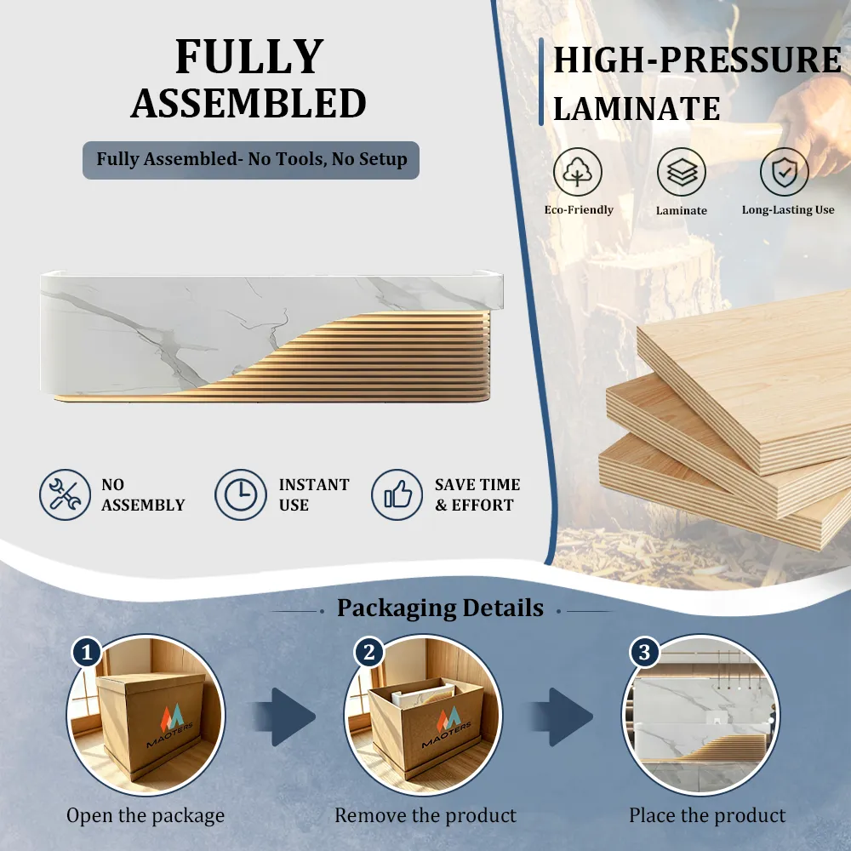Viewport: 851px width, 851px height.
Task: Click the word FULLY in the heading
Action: click(x=249, y=56)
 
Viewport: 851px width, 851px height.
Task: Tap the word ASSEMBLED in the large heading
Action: click(x=248, y=103)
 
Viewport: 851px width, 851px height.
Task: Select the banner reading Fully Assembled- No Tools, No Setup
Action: click(x=251, y=160)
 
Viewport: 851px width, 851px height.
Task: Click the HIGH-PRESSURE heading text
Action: click(x=698, y=60)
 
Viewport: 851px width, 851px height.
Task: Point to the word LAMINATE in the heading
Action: click(x=637, y=109)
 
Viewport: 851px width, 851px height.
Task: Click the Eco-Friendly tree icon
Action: click(x=578, y=172)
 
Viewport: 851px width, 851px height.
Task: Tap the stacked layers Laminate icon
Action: click(x=681, y=172)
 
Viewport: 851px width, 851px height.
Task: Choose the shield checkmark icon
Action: click(x=785, y=172)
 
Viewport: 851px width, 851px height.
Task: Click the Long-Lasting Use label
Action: click(x=788, y=210)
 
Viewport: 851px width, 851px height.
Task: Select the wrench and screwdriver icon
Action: click(x=66, y=495)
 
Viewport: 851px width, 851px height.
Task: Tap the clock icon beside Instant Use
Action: click(x=241, y=495)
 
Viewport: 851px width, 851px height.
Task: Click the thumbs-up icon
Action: click(x=397, y=495)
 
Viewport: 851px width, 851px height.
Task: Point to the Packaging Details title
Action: click(x=440, y=608)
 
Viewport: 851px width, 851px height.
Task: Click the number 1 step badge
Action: click(x=88, y=652)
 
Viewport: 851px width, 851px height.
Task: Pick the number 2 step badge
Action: click(x=369, y=652)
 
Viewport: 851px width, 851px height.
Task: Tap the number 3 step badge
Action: click(x=644, y=652)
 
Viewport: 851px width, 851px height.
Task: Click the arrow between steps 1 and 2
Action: click(x=284, y=717)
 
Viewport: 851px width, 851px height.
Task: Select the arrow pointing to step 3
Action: click(x=562, y=717)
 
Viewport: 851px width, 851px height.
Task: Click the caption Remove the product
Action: click(x=425, y=815)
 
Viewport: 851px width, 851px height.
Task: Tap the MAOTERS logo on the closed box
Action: click(x=171, y=724)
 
